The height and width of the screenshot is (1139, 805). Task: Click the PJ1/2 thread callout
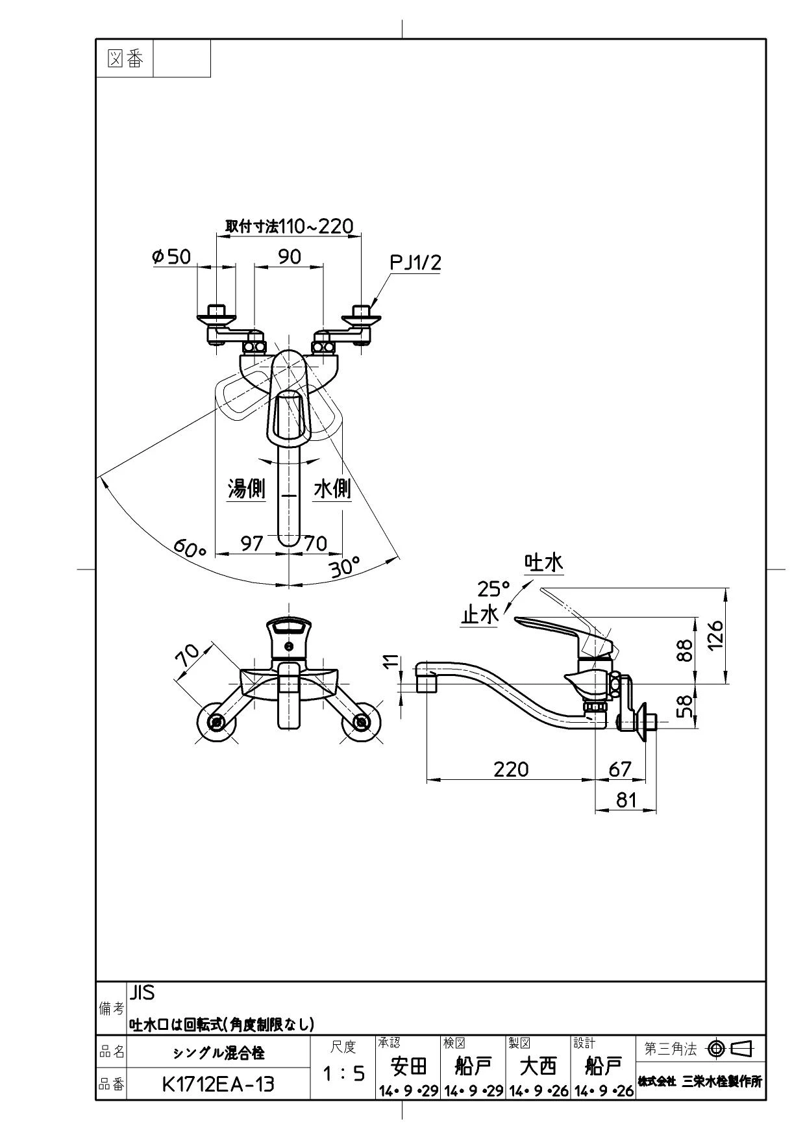(x=415, y=262)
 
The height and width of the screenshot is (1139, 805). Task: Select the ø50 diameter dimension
(x=171, y=257)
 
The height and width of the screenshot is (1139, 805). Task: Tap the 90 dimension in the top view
(x=290, y=257)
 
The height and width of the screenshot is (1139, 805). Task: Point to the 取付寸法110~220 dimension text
(x=290, y=226)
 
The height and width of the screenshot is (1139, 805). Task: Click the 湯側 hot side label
(x=247, y=488)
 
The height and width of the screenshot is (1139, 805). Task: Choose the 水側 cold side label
(x=332, y=488)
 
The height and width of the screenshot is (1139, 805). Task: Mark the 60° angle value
(x=189, y=549)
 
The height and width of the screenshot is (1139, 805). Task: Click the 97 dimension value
(x=252, y=543)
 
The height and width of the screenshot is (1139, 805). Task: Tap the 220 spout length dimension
(x=511, y=769)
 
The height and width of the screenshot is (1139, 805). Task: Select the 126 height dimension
(x=714, y=636)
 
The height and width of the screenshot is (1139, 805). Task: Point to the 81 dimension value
(x=626, y=799)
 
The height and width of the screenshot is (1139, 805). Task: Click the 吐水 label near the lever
(x=544, y=562)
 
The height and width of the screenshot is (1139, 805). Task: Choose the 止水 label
(x=480, y=614)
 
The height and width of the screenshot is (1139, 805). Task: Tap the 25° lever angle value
(x=494, y=589)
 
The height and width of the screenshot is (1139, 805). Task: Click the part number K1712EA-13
(x=217, y=1084)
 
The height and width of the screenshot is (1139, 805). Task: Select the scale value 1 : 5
(x=343, y=1074)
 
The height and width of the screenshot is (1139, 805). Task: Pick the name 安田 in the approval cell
(x=409, y=1066)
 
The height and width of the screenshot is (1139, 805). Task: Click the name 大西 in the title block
(x=539, y=1066)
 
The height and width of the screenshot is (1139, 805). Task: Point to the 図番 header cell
(x=125, y=58)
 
